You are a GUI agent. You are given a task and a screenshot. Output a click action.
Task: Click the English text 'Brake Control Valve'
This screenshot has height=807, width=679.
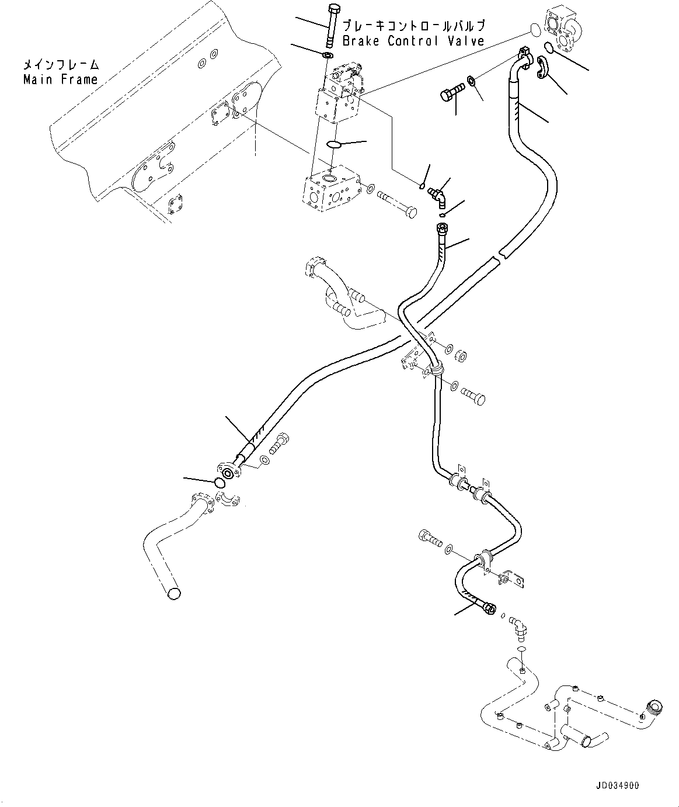(x=413, y=40)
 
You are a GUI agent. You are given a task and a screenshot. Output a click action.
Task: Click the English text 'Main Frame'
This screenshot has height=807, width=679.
(x=61, y=79)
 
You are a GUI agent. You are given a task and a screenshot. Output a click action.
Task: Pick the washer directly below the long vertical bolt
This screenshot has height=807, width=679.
(x=328, y=54)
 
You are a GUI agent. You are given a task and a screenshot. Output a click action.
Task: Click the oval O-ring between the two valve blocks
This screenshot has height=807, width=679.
(x=333, y=144)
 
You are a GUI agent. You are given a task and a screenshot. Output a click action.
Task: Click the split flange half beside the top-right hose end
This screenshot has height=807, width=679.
(x=542, y=67)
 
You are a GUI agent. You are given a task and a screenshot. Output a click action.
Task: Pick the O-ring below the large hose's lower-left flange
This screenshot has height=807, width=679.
(x=220, y=482)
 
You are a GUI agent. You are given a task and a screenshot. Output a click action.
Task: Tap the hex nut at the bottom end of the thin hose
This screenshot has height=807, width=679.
(x=490, y=609)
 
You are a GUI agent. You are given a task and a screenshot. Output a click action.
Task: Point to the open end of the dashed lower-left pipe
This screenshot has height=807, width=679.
(x=174, y=593)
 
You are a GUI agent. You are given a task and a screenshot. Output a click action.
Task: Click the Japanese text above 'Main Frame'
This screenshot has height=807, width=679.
(x=61, y=64)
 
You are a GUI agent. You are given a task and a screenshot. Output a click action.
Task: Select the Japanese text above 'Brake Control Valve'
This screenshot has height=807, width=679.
(x=413, y=26)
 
